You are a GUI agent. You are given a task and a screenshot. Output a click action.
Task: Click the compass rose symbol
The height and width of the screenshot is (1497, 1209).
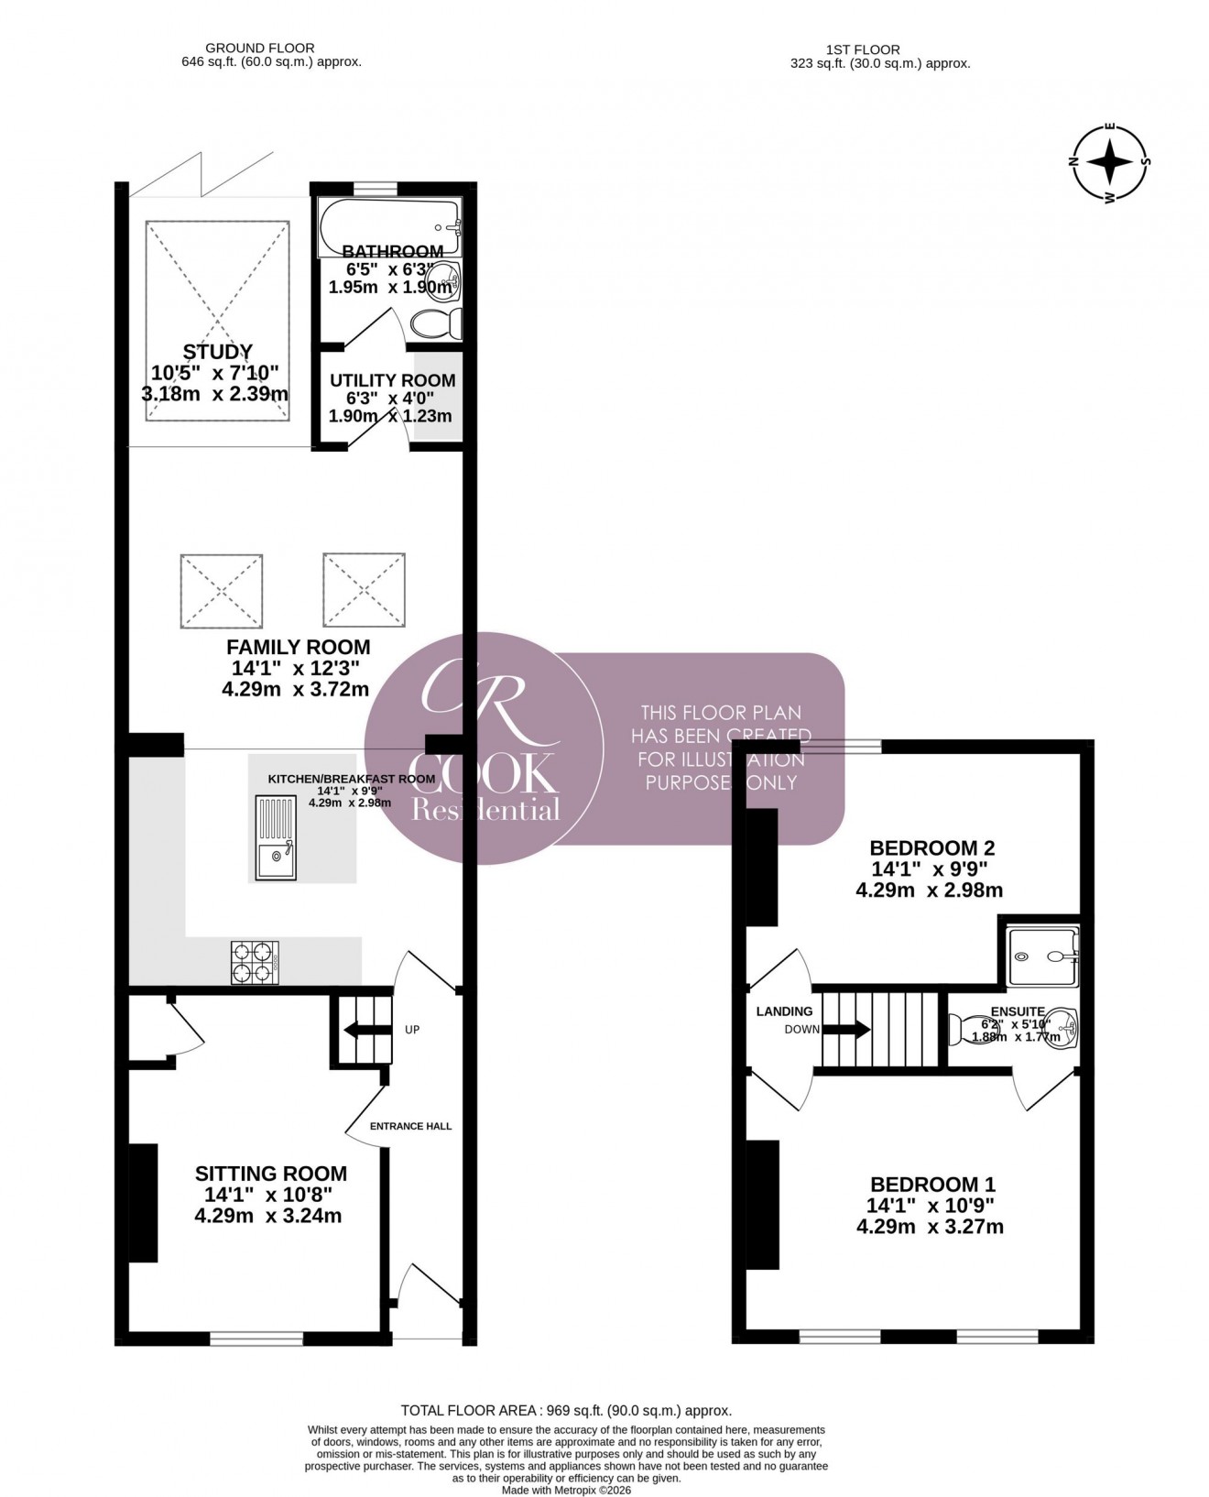[x=1112, y=163]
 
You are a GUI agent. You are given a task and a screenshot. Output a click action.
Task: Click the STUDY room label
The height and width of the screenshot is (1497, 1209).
[x=218, y=352]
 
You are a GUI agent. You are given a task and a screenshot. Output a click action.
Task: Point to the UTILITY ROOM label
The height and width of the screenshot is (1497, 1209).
[x=392, y=380]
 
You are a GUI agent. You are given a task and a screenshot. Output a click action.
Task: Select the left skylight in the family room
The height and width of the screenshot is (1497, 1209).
[x=223, y=590]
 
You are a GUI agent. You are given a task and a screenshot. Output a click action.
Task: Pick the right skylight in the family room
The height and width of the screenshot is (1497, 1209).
[x=364, y=590]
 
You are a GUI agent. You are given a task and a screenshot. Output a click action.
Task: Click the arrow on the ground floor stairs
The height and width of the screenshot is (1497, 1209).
[x=360, y=1030]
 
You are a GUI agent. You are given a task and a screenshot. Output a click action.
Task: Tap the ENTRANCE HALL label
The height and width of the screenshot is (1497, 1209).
[x=410, y=1126]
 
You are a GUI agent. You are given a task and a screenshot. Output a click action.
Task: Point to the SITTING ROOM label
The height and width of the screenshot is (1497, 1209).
[x=271, y=1174]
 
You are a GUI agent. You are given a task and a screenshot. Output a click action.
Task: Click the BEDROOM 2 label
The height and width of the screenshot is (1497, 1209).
[x=932, y=847]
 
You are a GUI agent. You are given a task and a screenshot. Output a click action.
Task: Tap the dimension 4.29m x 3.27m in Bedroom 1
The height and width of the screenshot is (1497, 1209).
[x=930, y=1227]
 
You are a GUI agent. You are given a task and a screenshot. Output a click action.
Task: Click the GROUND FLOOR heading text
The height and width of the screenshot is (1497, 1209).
[x=259, y=48]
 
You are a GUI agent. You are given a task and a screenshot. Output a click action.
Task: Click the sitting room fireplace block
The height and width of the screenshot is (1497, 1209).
[x=143, y=1202]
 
